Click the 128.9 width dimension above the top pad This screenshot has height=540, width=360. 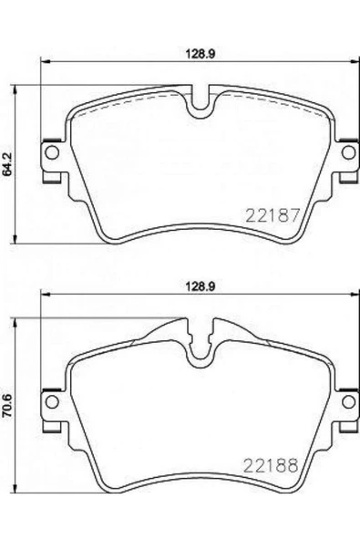201,54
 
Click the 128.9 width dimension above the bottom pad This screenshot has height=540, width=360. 201,286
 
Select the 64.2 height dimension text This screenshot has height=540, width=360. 7,164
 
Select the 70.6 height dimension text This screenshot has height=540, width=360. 7,406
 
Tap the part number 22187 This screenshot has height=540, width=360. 273,215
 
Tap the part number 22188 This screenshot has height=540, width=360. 271,466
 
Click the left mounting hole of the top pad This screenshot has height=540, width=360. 52,152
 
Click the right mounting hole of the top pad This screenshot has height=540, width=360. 348,152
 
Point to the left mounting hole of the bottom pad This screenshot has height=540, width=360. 52,401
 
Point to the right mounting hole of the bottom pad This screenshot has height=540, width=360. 348,401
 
